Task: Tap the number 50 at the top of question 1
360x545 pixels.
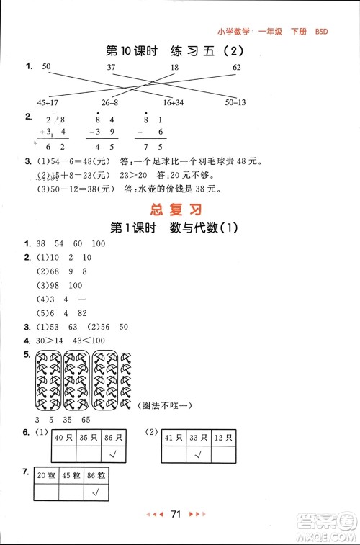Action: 48,67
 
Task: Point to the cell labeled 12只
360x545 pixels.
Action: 222,437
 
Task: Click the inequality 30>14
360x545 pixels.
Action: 39,340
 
